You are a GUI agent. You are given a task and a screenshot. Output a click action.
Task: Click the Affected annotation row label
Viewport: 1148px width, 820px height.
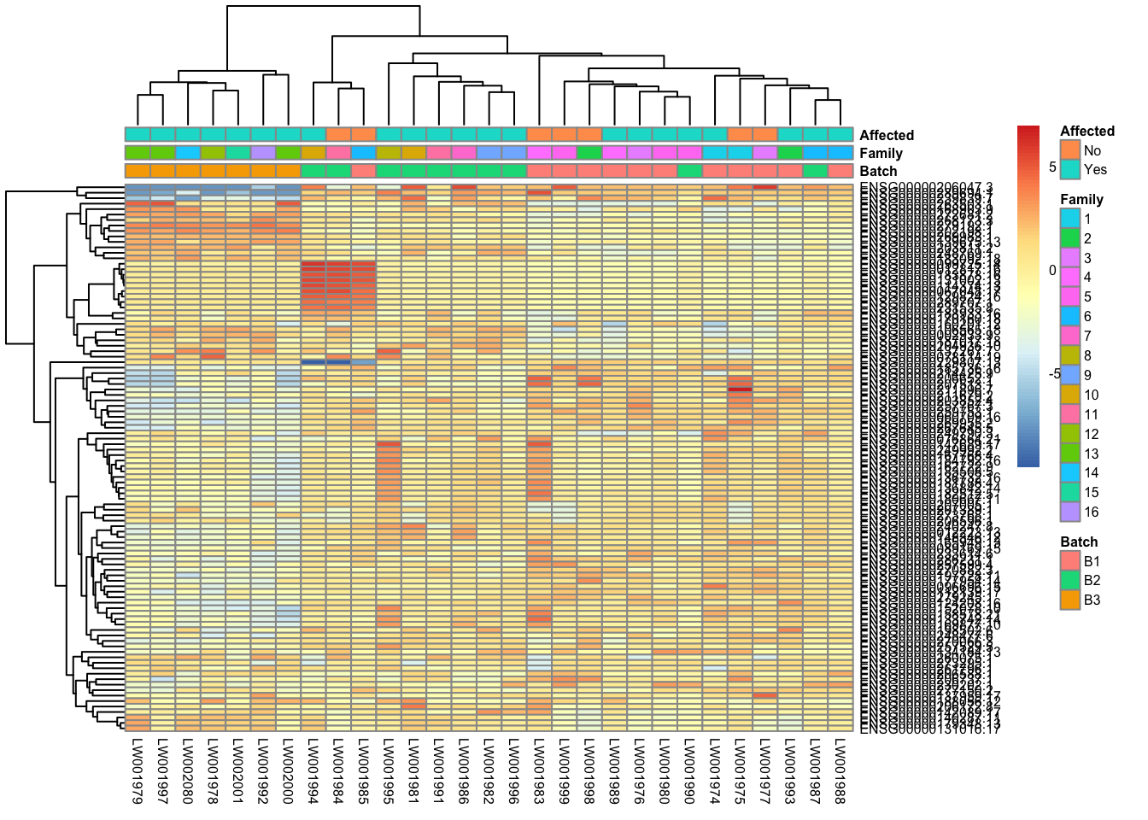tap(886, 135)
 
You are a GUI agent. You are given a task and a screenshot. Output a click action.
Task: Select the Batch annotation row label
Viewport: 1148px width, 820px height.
tap(878, 171)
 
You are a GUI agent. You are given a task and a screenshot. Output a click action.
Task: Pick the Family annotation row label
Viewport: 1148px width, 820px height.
tap(881, 153)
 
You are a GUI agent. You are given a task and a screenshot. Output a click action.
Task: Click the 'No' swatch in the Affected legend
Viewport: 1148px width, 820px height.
tap(1069, 149)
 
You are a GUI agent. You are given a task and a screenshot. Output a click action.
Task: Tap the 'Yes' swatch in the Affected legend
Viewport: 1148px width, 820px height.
tap(1069, 169)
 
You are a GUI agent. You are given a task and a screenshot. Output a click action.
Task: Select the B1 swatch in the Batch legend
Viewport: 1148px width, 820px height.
tap(1069, 560)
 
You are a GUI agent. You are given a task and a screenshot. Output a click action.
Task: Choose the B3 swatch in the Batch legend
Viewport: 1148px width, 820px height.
tap(1069, 600)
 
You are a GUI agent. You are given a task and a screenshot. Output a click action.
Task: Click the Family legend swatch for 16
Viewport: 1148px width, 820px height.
tap(1069, 512)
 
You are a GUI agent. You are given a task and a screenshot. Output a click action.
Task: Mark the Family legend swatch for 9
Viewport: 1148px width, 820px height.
tap(1069, 375)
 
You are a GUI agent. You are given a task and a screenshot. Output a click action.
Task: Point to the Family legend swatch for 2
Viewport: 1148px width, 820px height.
tap(1069, 238)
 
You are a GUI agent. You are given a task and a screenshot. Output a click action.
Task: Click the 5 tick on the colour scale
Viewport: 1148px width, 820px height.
tap(1052, 167)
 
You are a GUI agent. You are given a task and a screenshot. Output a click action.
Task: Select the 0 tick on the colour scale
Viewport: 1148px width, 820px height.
tap(1052, 270)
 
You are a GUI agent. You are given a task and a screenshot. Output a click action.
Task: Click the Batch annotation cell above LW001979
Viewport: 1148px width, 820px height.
tap(138, 171)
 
